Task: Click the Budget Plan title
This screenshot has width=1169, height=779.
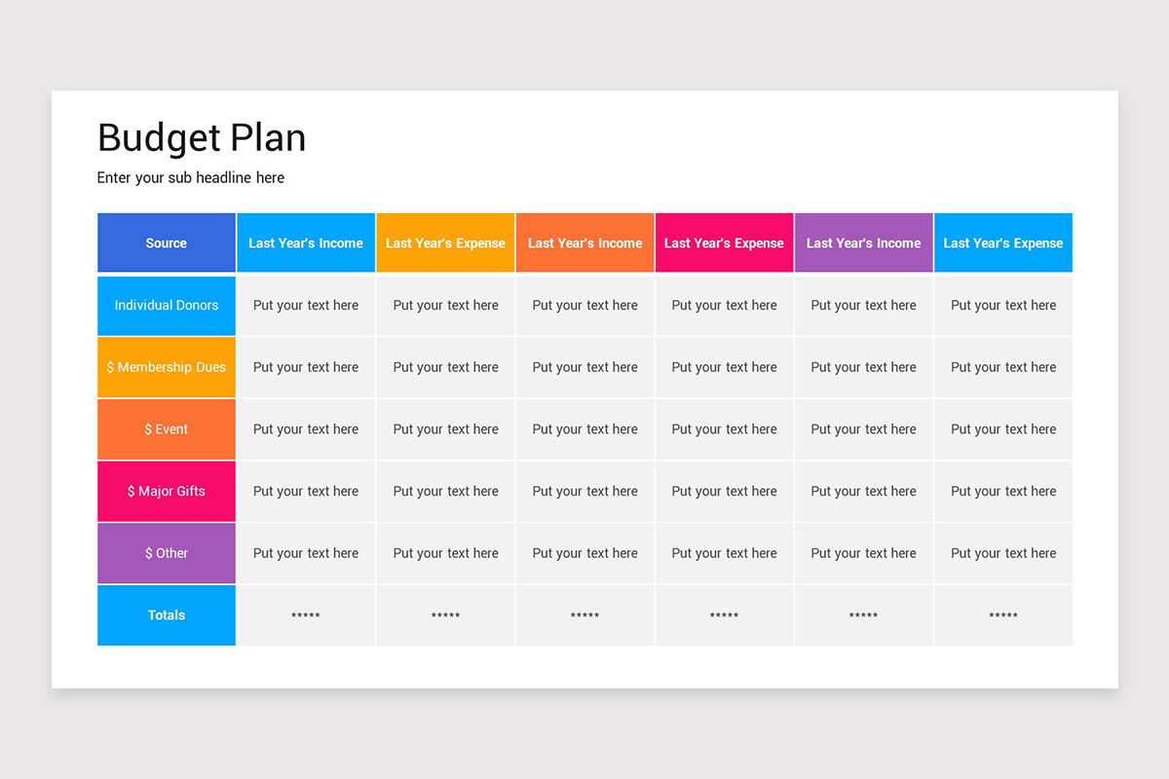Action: pyautogui.click(x=202, y=138)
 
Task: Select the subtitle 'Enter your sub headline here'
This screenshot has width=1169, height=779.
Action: pyautogui.click(x=191, y=178)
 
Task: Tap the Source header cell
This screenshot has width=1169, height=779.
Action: pyautogui.click(x=167, y=243)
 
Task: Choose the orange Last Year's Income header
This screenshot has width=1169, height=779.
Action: pyautogui.click(x=585, y=243)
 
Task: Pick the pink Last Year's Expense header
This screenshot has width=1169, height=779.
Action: pyautogui.click(x=724, y=243)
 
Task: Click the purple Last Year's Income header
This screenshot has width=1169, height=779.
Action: pyautogui.click(x=863, y=243)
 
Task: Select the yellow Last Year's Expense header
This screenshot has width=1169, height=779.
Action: pyautogui.click(x=445, y=243)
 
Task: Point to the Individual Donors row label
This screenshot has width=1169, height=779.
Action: pyautogui.click(x=167, y=306)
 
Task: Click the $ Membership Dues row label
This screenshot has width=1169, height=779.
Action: pyautogui.click(x=167, y=367)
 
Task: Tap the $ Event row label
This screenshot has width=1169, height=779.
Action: pyautogui.click(x=167, y=429)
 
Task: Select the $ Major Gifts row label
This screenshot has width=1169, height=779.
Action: pyautogui.click(x=167, y=492)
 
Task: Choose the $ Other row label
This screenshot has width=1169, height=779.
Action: pyautogui.click(x=167, y=553)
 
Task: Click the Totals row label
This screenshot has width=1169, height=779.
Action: pyautogui.click(x=167, y=615)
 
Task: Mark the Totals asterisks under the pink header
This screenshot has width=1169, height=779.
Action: pyautogui.click(x=724, y=615)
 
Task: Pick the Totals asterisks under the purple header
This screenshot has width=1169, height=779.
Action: pyautogui.click(x=863, y=615)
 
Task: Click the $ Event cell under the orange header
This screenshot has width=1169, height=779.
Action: pyautogui.click(x=585, y=429)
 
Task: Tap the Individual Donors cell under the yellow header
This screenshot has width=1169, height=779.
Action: pyautogui.click(x=445, y=306)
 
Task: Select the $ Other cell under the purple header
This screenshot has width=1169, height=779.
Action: pyautogui.click(x=863, y=553)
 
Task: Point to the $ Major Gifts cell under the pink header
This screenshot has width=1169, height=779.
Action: pyautogui.click(x=724, y=492)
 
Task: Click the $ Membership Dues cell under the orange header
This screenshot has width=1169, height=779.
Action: pyautogui.click(x=585, y=367)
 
